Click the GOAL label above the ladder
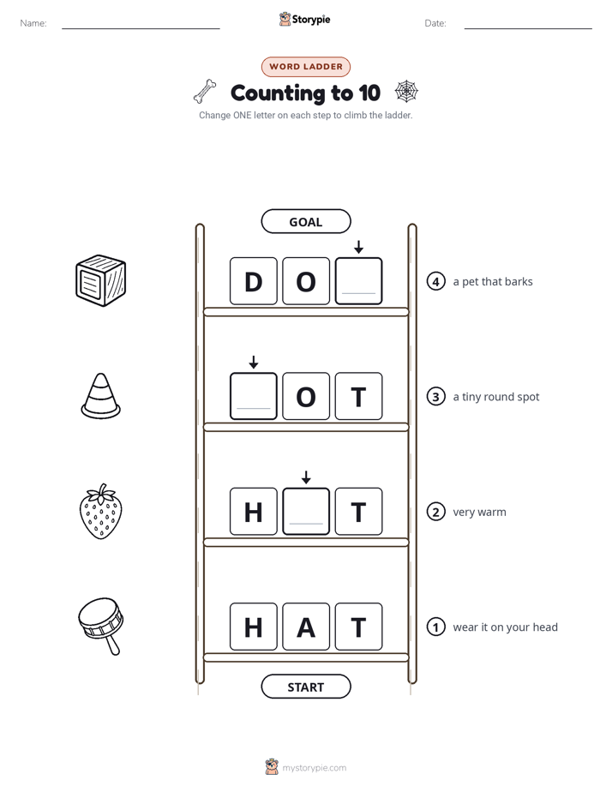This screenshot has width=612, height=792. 305,222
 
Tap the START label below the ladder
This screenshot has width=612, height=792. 305,687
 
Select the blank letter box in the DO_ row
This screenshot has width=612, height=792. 358,281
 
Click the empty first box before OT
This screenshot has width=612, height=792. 254,396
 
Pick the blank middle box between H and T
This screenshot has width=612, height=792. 306,511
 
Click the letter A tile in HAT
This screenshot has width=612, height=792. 306,627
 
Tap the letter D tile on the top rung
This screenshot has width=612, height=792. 254,281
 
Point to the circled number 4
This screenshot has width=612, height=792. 435,281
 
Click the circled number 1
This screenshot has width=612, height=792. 435,627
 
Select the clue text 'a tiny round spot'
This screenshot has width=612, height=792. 496,397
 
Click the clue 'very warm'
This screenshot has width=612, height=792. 479,513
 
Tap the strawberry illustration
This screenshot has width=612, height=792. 101,511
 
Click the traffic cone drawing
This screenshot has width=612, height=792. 100,396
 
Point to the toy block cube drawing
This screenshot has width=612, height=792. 100,281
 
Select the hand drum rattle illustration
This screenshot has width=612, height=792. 101,627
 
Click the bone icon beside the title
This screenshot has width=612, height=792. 205,92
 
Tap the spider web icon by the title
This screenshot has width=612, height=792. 406,92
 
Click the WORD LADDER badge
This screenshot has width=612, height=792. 305,67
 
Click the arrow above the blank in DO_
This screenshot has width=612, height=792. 358,247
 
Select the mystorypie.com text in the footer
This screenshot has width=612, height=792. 314,768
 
